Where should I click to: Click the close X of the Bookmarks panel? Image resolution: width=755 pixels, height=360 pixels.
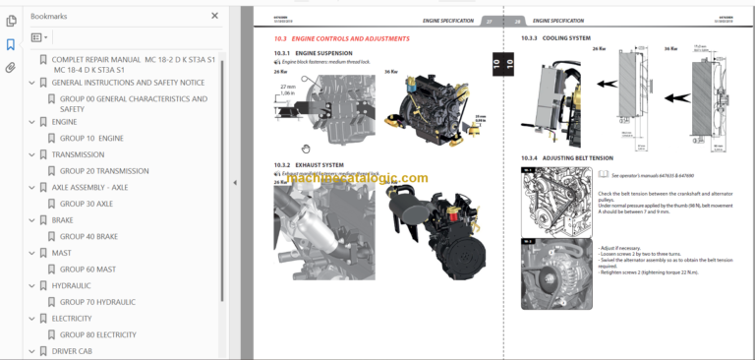tap(215, 16)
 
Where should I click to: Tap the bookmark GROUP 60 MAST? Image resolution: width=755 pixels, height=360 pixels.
tap(87, 269)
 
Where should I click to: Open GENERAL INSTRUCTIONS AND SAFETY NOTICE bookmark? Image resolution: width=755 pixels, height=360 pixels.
tap(128, 83)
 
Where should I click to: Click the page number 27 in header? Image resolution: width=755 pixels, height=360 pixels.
tap(488, 21)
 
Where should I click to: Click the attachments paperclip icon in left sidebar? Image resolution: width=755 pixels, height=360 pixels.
tap(11, 68)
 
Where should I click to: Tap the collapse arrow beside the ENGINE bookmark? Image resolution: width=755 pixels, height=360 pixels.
tap(31, 123)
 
